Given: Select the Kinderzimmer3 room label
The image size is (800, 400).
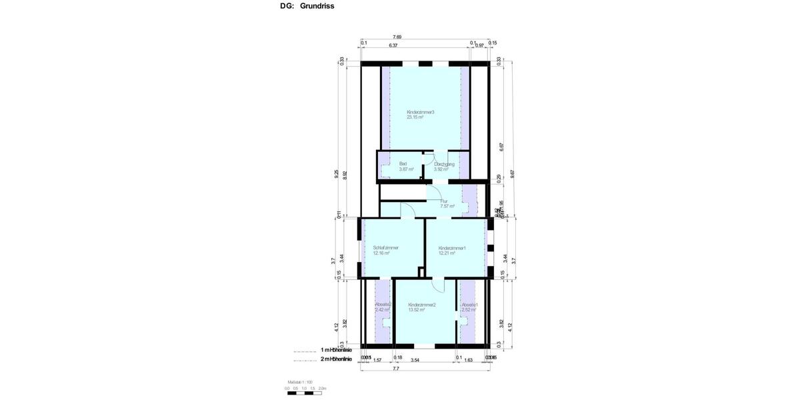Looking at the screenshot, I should (x=420, y=114).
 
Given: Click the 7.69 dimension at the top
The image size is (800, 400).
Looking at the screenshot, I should (x=397, y=37).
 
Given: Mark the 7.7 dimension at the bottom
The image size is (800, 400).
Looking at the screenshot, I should (x=396, y=368).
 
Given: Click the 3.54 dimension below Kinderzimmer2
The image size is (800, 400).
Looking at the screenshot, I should (x=415, y=360).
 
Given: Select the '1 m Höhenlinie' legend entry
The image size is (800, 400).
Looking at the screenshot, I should (x=335, y=349).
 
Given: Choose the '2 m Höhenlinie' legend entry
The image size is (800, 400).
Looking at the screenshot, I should (x=335, y=359).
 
